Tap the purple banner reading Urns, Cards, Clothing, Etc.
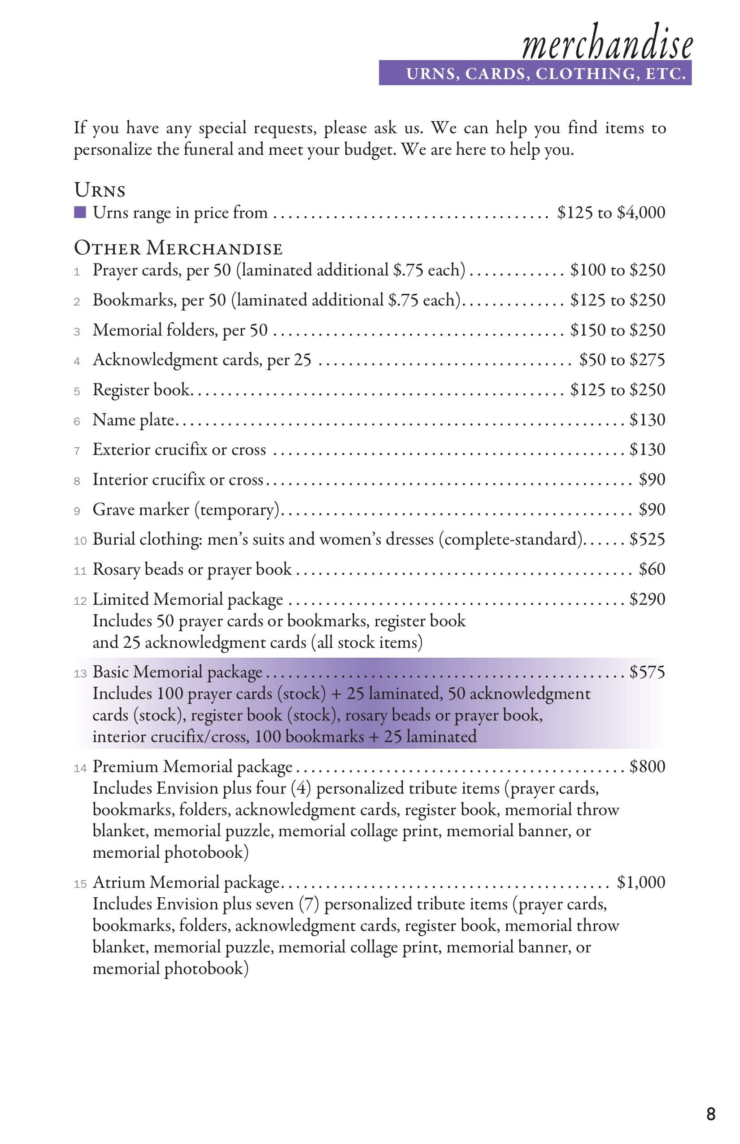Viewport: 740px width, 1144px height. pyautogui.click(x=535, y=74)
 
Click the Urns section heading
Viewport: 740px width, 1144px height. pyautogui.click(x=100, y=190)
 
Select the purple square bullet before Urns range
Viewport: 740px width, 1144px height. pyautogui.click(x=80, y=212)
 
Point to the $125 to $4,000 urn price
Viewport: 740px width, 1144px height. pyautogui.click(x=611, y=213)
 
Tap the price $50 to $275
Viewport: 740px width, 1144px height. pyautogui.click(x=622, y=359)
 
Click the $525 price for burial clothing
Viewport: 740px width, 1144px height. pyautogui.click(x=647, y=539)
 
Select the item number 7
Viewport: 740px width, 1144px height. pyautogui.click(x=77, y=451)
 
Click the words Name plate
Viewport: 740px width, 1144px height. pyautogui.click(x=133, y=420)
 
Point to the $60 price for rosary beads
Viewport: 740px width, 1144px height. pyautogui.click(x=652, y=569)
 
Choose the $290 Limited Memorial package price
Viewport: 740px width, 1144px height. pyautogui.click(x=647, y=599)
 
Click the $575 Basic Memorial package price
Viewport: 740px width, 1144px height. pyautogui.click(x=647, y=672)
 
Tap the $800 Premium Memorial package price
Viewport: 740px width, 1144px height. pyautogui.click(x=647, y=766)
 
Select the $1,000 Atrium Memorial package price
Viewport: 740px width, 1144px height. pyautogui.click(x=641, y=882)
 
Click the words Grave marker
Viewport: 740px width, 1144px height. pyautogui.click(x=141, y=510)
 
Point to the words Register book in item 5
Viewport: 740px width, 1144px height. pyautogui.click(x=141, y=390)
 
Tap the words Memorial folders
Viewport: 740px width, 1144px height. pyautogui.click(x=155, y=330)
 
